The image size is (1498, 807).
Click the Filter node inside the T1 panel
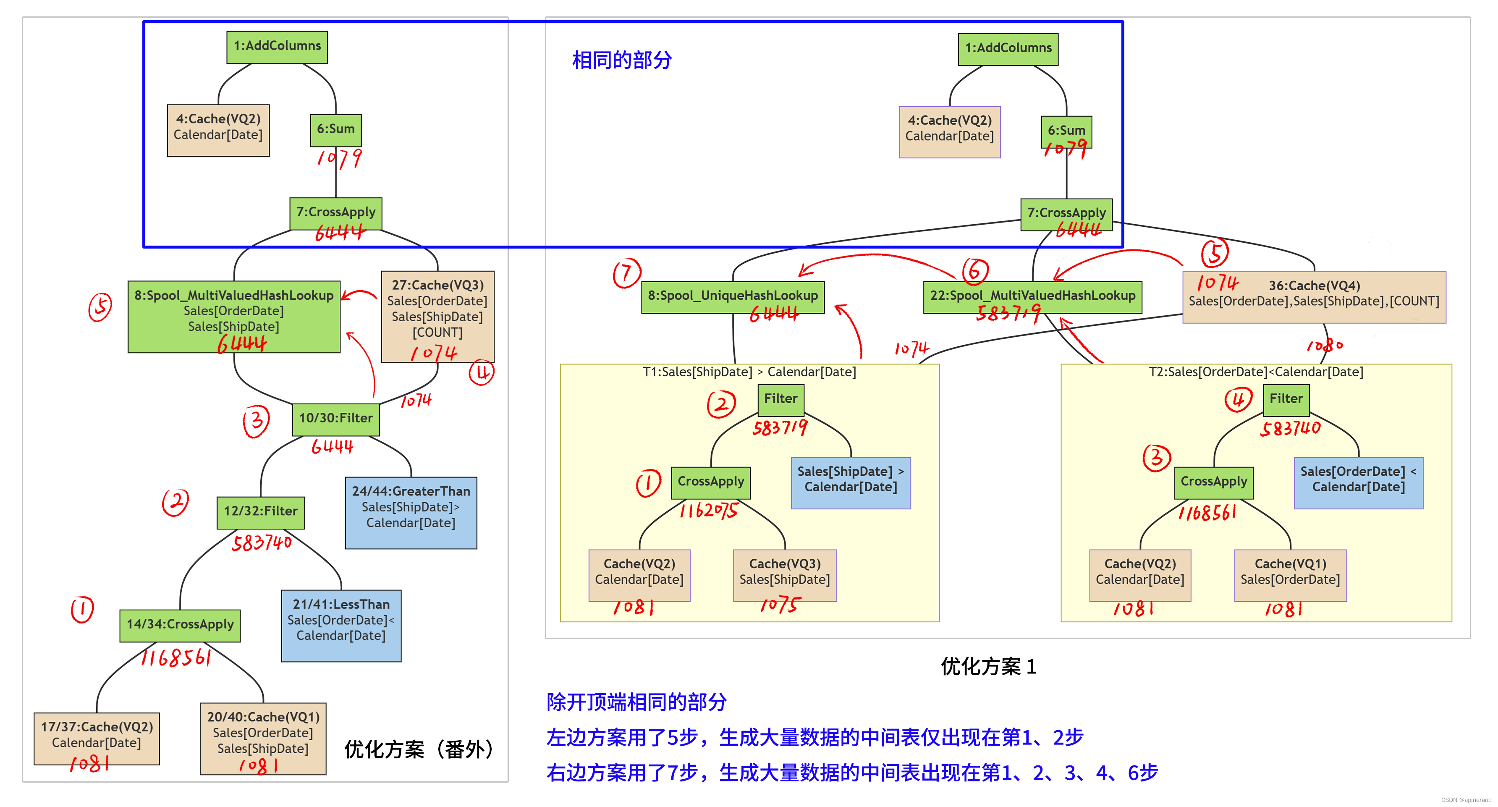coord(780,399)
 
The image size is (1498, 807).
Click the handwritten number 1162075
coord(708,511)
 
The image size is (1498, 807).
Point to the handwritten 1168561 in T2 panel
coord(1207,513)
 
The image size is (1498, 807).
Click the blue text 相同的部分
coord(622,60)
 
